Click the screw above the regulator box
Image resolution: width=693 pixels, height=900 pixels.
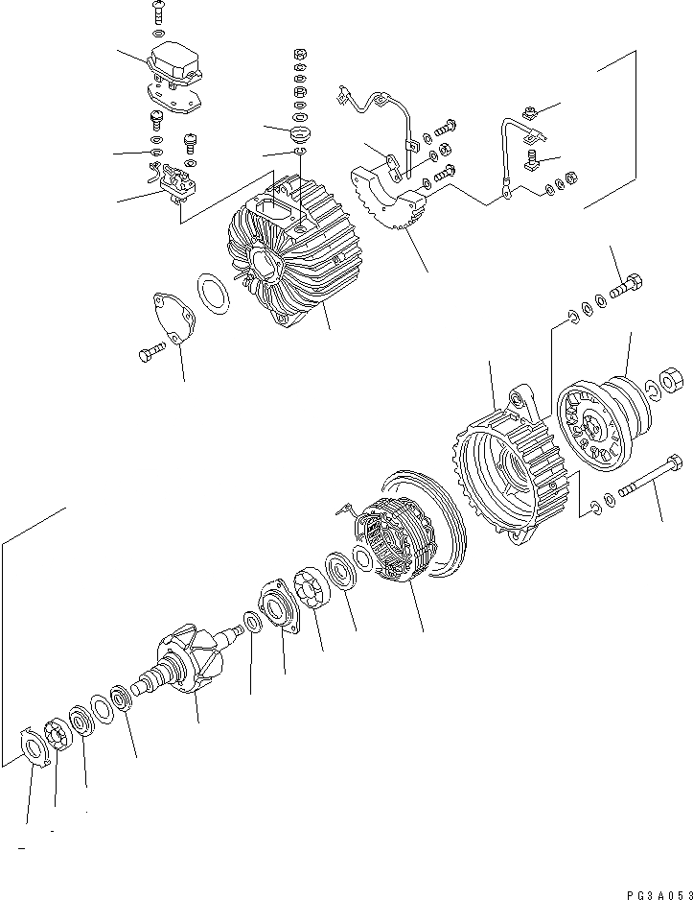point(158,13)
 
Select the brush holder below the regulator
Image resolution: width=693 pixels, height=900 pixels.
point(173,181)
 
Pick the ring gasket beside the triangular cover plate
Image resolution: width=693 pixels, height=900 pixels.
point(214,294)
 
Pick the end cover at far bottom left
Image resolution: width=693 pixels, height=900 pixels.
point(35,744)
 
